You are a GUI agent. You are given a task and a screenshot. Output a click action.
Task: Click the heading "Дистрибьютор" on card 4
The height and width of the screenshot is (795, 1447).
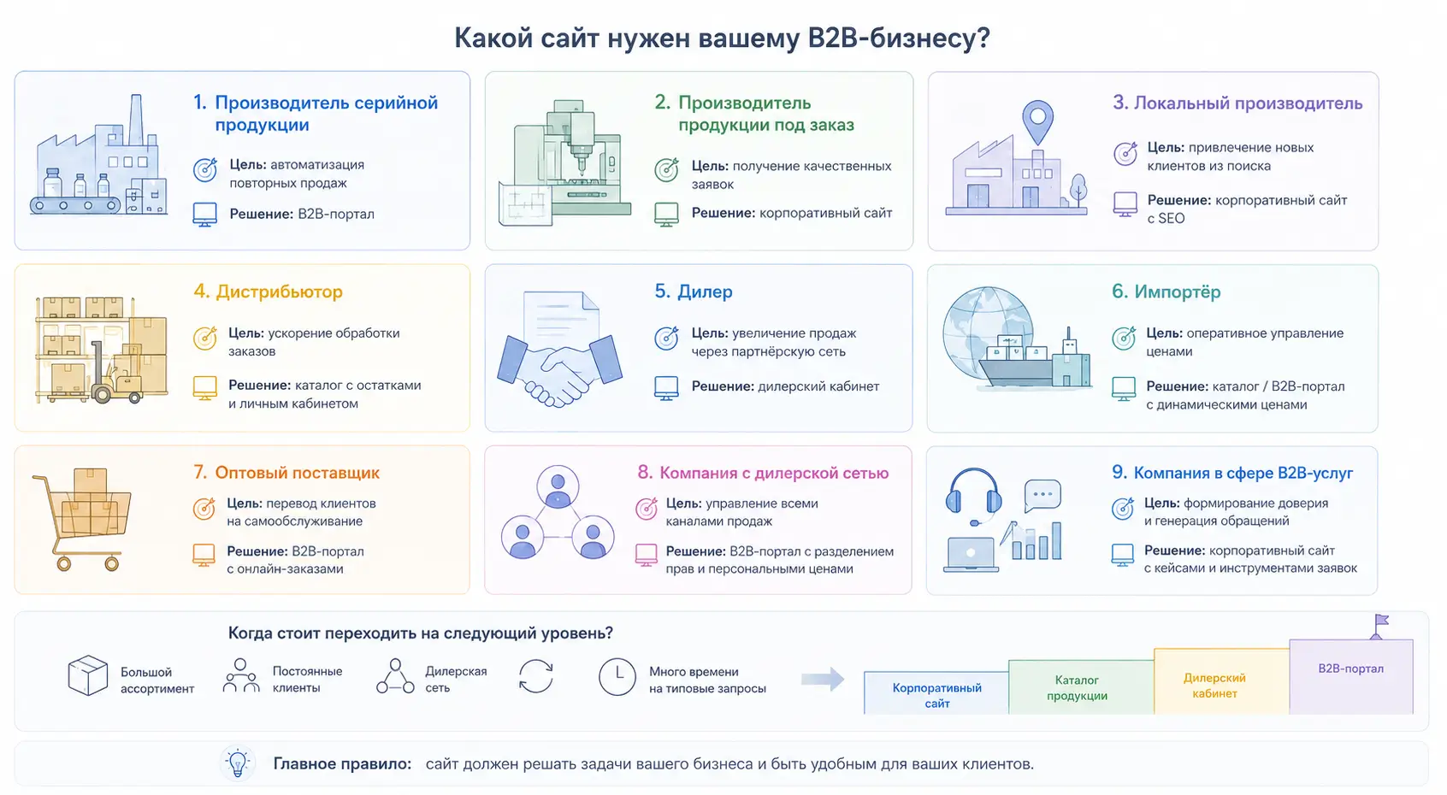pyautogui.click(x=279, y=291)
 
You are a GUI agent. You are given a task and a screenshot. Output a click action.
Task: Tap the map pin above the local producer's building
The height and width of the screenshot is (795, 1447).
pyautogui.click(x=1037, y=121)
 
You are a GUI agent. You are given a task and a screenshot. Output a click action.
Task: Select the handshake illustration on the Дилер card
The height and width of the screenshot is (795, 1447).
pyautogui.click(x=559, y=370)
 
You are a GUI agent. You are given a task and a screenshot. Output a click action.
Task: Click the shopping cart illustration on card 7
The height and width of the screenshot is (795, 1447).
pyautogui.click(x=83, y=519)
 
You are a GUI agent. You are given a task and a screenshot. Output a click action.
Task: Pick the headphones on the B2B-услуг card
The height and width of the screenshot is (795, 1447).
pyautogui.click(x=973, y=493)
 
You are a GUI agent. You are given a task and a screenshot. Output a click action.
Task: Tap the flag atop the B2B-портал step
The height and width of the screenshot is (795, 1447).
pyautogui.click(x=1380, y=625)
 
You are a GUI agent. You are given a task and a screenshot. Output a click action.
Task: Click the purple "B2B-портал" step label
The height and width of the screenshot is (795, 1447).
pyautogui.click(x=1350, y=668)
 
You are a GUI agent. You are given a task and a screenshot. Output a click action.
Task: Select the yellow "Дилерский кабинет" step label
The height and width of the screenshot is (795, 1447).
pyautogui.click(x=1214, y=686)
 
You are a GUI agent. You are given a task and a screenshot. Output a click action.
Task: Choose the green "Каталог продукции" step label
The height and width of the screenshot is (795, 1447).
pyautogui.click(x=1077, y=688)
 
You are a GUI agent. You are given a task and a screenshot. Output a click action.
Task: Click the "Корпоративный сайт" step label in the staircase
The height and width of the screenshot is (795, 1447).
pyautogui.click(x=936, y=696)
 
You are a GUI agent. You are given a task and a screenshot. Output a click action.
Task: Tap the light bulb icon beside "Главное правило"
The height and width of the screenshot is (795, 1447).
pyautogui.click(x=237, y=763)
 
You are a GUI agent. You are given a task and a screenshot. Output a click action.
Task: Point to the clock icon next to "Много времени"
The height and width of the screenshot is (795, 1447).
pyautogui.click(x=617, y=677)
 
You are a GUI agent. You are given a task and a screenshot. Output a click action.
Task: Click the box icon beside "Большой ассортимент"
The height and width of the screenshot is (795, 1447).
pyautogui.click(x=88, y=675)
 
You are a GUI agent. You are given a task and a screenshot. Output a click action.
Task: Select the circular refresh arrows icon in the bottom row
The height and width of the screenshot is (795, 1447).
pyautogui.click(x=535, y=676)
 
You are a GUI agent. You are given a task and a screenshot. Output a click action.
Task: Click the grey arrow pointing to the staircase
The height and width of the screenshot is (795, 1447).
pyautogui.click(x=823, y=679)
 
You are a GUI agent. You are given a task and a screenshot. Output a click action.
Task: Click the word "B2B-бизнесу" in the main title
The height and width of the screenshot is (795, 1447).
pyautogui.click(x=899, y=38)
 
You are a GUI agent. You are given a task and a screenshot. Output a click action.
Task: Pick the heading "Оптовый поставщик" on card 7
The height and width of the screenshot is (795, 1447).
pyautogui.click(x=297, y=473)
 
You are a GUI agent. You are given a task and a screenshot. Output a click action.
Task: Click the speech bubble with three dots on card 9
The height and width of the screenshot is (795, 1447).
pyautogui.click(x=1042, y=495)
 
